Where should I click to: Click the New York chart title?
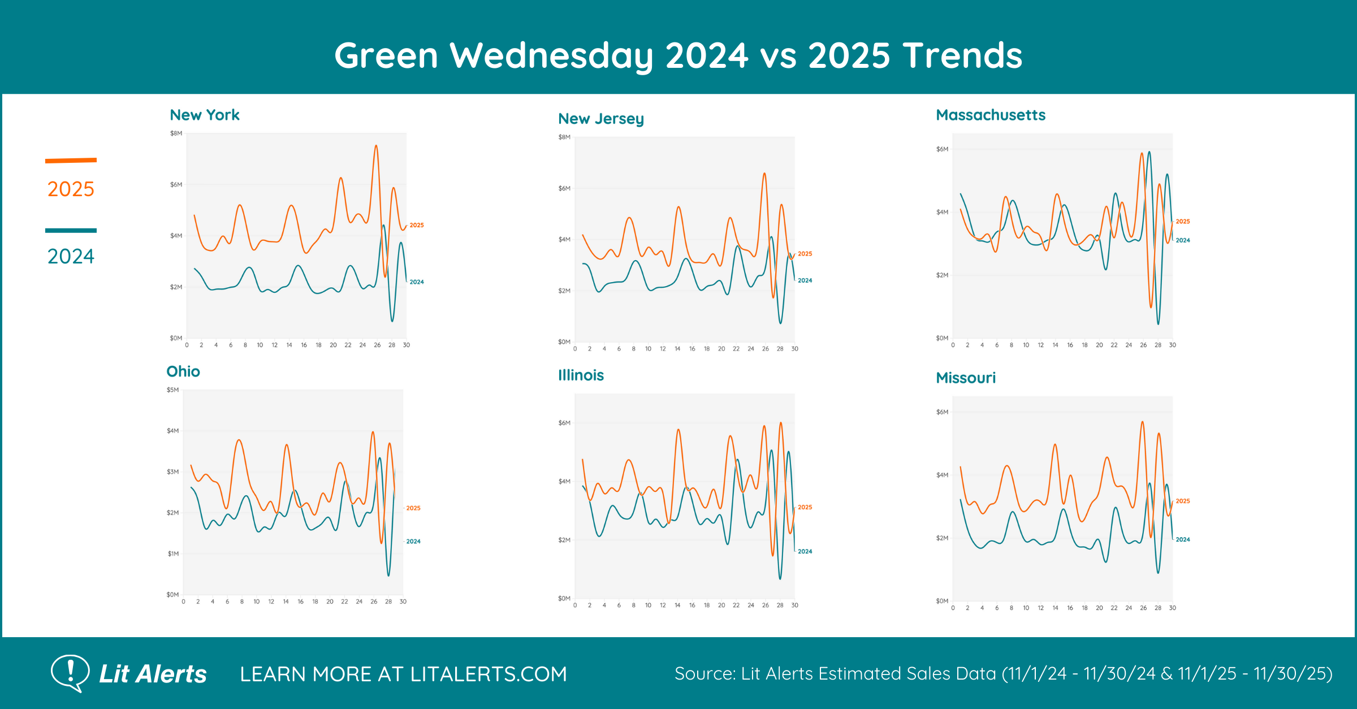click(x=205, y=115)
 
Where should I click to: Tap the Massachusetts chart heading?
click(x=991, y=115)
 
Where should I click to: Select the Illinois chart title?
click(x=581, y=375)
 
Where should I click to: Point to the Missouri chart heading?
click(x=966, y=378)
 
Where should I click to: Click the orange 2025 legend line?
click(x=71, y=161)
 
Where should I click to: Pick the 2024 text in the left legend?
click(x=71, y=257)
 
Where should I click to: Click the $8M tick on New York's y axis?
click(x=176, y=133)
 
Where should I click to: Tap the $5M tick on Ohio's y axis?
click(x=172, y=390)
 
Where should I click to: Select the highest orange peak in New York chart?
click(x=376, y=146)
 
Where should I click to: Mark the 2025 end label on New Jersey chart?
click(x=805, y=254)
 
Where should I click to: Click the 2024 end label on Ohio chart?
click(x=413, y=542)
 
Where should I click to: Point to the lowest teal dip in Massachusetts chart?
click(x=1158, y=323)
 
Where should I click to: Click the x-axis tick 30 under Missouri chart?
click(x=1172, y=608)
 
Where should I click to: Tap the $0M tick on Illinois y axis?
click(x=564, y=598)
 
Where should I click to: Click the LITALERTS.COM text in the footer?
click(x=489, y=674)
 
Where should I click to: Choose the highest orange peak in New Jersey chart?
click(x=764, y=174)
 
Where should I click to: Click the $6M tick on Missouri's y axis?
click(x=942, y=412)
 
